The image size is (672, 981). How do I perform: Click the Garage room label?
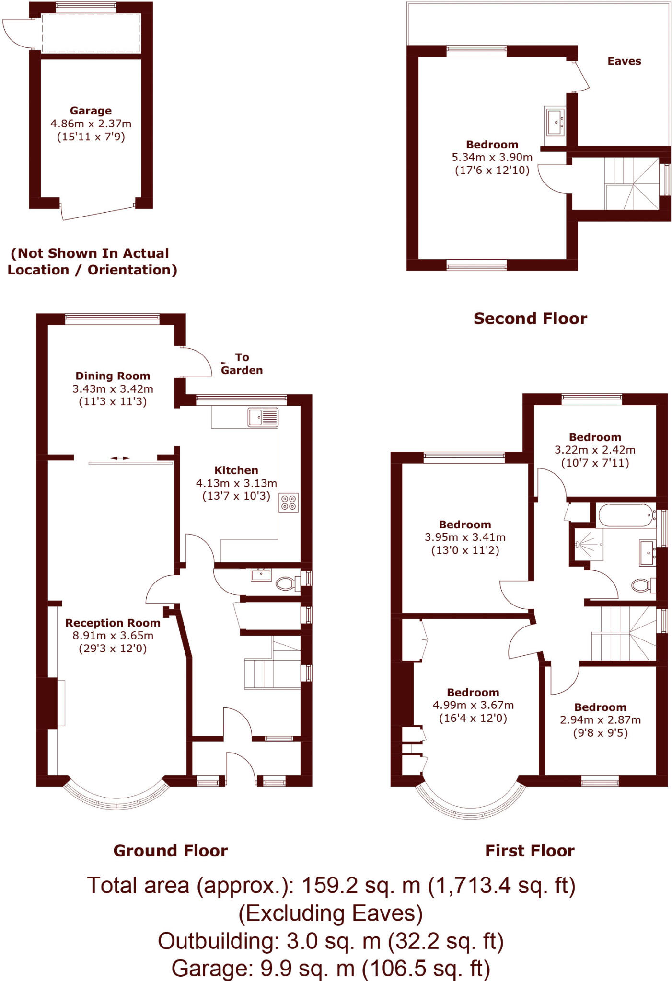pos(91,111)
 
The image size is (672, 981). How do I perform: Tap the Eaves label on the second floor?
pos(624,61)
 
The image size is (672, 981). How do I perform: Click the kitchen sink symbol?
pos(263,417)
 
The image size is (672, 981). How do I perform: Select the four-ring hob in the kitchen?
pos(289,502)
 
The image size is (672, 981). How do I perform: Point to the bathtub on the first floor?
pos(626,515)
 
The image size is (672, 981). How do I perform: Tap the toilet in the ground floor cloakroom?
pos(286,583)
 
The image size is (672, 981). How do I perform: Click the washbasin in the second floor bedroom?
pos(556,121)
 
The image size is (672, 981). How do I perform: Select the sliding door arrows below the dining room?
pos(120,458)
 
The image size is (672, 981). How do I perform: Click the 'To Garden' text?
pos(242,364)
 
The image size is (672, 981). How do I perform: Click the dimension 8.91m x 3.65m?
pos(113,636)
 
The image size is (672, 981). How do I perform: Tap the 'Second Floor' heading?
pos(530,319)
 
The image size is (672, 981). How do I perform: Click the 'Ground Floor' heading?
pos(170,851)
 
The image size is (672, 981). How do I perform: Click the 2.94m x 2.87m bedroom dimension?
pos(600,720)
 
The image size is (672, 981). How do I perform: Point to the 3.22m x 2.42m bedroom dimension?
pos(595,450)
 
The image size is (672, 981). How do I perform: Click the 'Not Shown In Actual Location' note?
pos(92,262)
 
